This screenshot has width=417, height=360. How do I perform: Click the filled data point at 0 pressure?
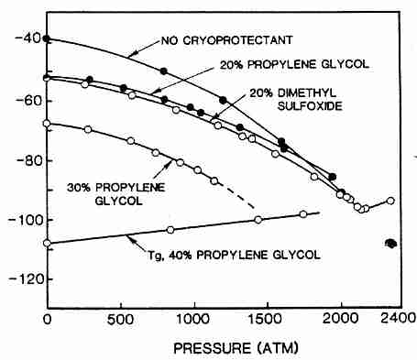pyautogui.click(x=47, y=39)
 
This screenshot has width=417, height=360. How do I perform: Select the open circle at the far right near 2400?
pyautogui.click(x=391, y=200)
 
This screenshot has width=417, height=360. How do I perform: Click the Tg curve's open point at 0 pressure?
pyautogui.click(x=47, y=244)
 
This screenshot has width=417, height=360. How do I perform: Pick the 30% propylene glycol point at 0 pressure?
pyautogui.click(x=47, y=123)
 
